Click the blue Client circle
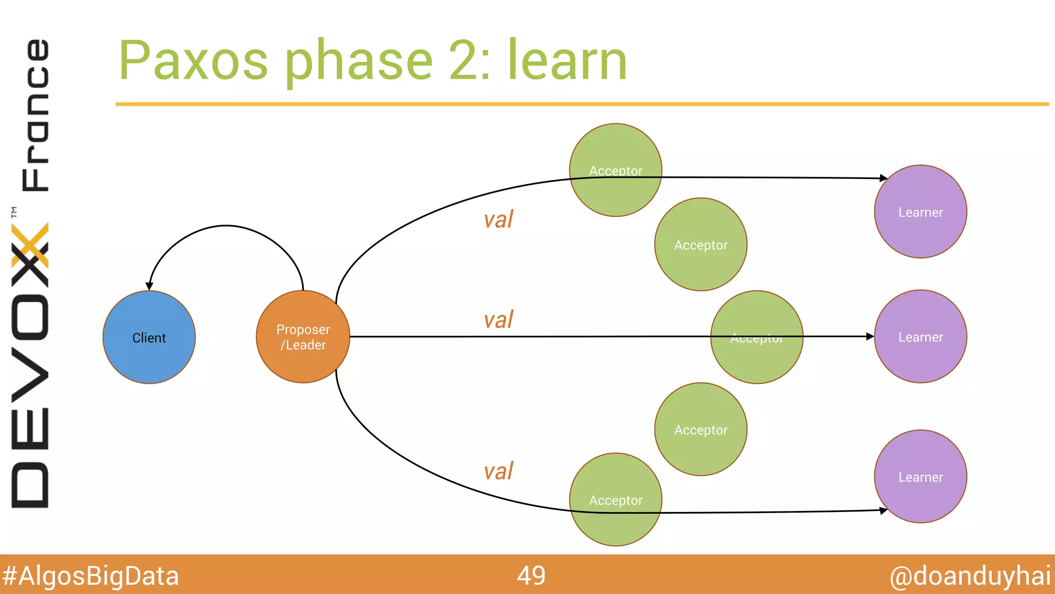click(x=149, y=337)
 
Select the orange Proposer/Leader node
click(x=303, y=337)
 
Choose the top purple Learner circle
click(x=920, y=211)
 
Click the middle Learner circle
click(x=920, y=337)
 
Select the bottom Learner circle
click(x=920, y=476)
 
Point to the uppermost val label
click(x=498, y=220)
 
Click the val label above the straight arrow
click(x=498, y=320)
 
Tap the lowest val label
click(x=498, y=471)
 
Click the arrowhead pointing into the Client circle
click(x=149, y=286)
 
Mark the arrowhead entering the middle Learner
click(x=870, y=336)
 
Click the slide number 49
click(x=531, y=575)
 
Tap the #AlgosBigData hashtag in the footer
click(x=90, y=576)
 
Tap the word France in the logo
click(x=35, y=114)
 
